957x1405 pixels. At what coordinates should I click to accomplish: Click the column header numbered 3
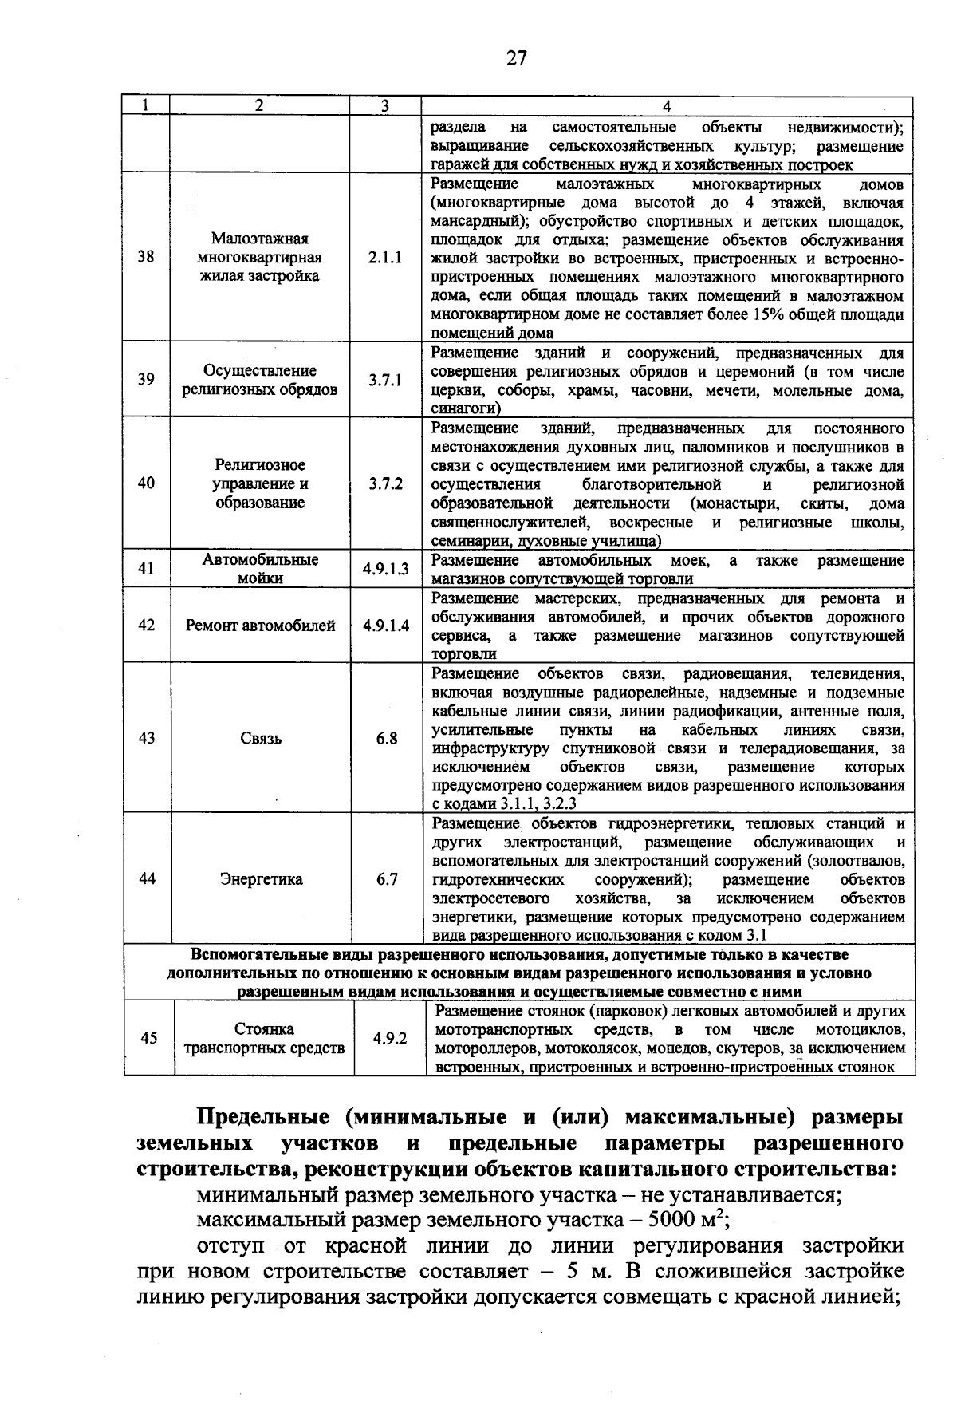click(x=385, y=106)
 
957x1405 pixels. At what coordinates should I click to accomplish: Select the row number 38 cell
click(x=147, y=257)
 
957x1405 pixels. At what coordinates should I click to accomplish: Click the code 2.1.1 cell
click(x=385, y=258)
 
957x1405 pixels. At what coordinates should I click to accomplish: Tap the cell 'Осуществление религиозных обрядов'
click(x=260, y=380)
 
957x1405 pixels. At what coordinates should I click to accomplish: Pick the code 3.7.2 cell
click(x=385, y=484)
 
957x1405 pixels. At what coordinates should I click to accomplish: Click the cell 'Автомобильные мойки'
click(x=260, y=569)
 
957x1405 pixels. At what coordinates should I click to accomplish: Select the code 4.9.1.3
click(x=385, y=569)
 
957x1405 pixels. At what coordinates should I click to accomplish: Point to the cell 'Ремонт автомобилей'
click(x=260, y=626)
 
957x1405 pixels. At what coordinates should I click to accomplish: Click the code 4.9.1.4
click(x=386, y=626)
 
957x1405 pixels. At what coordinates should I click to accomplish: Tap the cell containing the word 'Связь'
click(x=260, y=739)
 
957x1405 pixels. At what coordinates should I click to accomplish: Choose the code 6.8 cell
click(x=387, y=739)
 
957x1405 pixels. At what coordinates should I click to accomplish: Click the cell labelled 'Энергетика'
click(x=260, y=880)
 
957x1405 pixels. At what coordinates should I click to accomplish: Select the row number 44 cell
click(x=147, y=879)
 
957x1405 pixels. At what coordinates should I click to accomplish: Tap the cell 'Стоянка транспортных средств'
click(x=263, y=1038)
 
